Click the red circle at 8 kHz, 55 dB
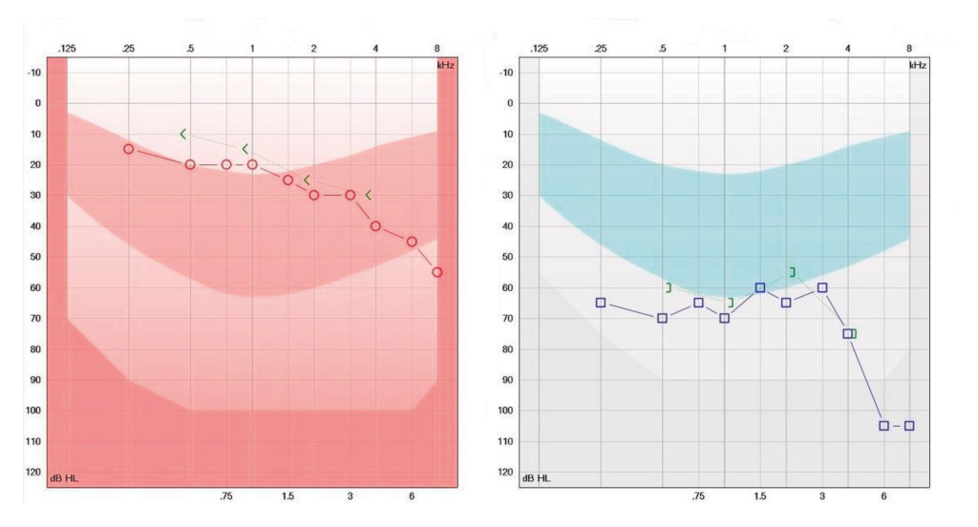[x=436, y=272]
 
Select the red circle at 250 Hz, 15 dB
[x=128, y=149]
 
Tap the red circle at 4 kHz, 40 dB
[x=375, y=226]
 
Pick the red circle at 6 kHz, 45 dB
[x=412, y=242]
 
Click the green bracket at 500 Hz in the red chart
[x=183, y=134]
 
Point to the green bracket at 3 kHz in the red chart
[x=369, y=195]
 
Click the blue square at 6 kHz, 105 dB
[x=883, y=426]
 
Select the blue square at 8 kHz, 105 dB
[x=909, y=426]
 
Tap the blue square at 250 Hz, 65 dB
[x=601, y=303]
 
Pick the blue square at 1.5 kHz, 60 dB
[x=760, y=287]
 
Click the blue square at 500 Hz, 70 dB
[x=662, y=318]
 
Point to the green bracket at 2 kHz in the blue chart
[x=792, y=272]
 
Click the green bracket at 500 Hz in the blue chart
[x=669, y=287]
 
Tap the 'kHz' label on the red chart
[x=436, y=64]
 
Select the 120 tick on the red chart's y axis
[x=33, y=472]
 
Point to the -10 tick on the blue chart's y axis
[x=506, y=73]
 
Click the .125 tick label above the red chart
[x=66, y=48]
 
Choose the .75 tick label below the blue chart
[x=698, y=496]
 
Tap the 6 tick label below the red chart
[x=412, y=496]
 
